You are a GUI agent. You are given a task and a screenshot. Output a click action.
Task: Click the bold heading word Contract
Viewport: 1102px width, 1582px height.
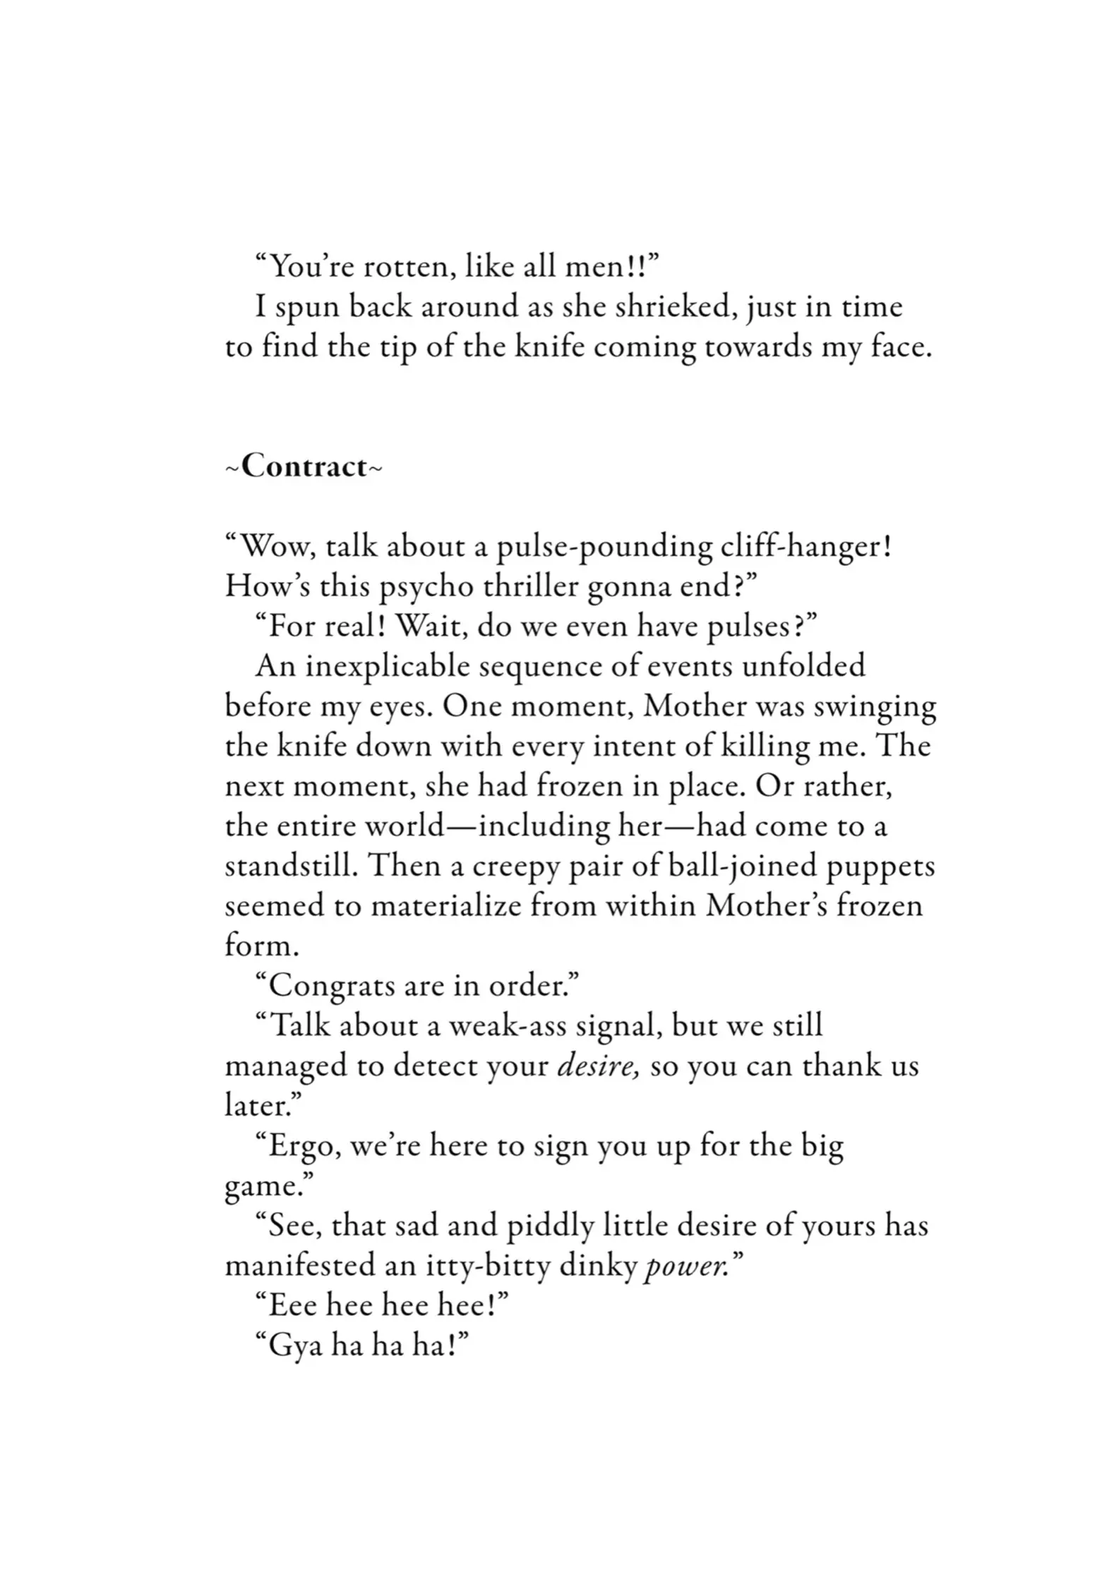click(304, 468)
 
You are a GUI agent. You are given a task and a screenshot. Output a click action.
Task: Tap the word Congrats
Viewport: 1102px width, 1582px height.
click(332, 986)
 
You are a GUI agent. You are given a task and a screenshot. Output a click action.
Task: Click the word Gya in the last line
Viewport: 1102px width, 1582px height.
click(295, 1346)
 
